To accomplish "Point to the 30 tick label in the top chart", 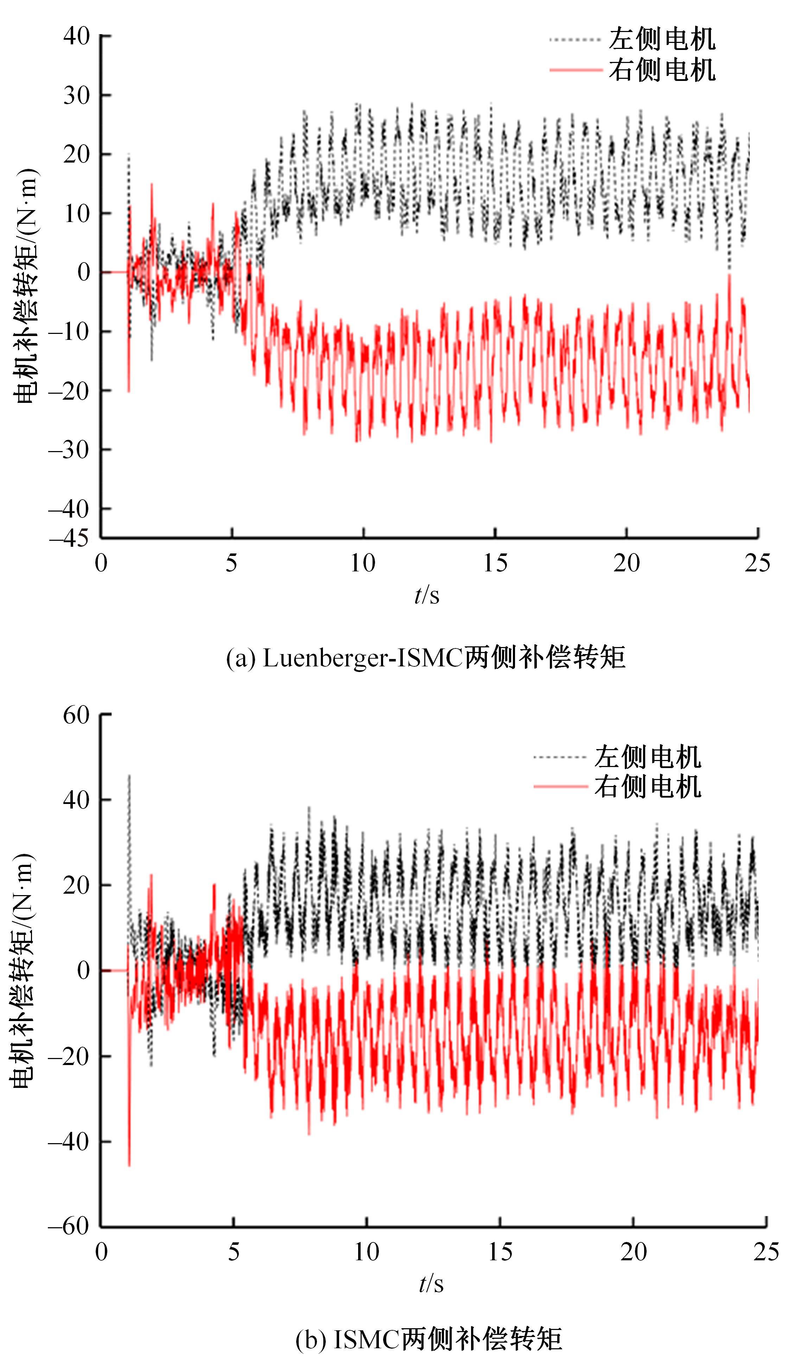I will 76,96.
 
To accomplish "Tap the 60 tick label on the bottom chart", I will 76,716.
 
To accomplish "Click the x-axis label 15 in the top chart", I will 495,563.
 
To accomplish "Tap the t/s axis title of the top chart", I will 427,595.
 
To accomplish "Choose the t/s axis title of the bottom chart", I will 431,1284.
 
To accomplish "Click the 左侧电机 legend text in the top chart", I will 662,39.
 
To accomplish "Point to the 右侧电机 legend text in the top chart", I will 662,70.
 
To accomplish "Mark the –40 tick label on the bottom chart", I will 69,1141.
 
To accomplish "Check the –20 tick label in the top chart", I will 69,391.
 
